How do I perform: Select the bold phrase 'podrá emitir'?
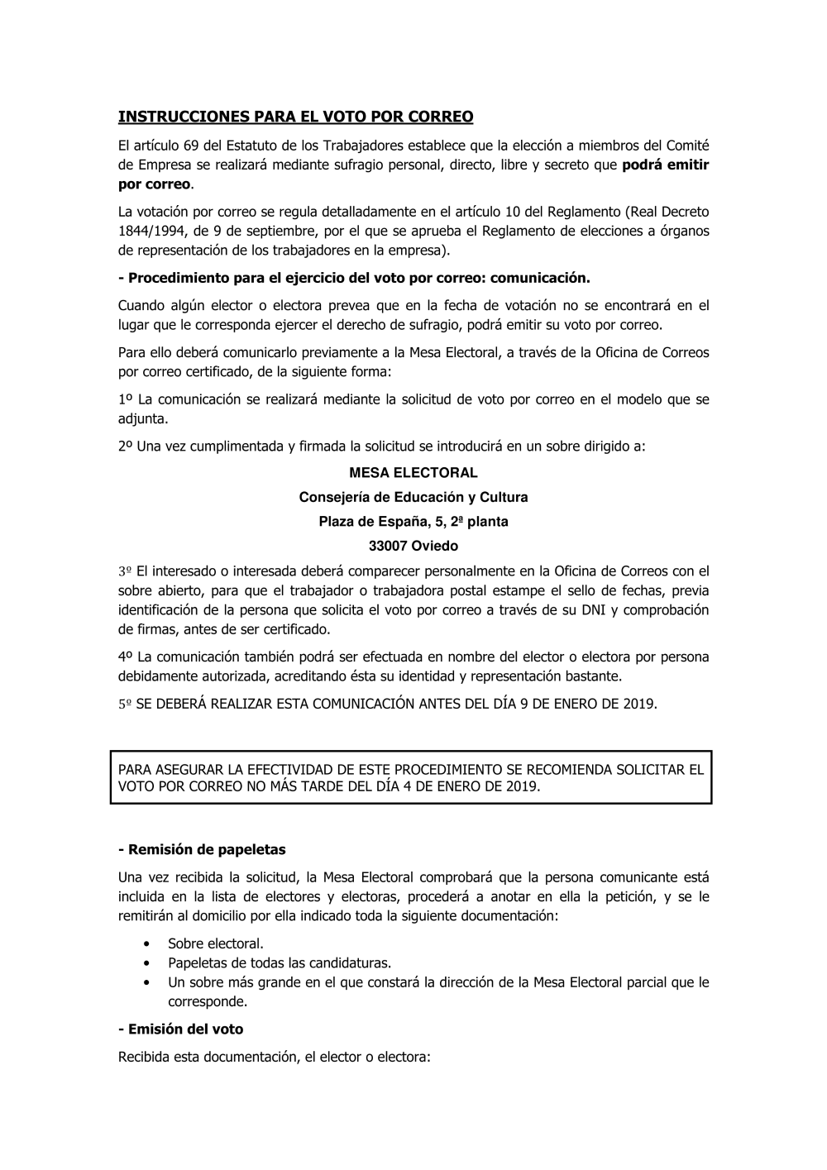pyautogui.click(x=665, y=165)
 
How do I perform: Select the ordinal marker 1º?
pyautogui.click(x=126, y=400)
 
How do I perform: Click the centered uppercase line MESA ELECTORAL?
pyautogui.click(x=413, y=473)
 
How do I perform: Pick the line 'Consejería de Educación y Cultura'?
pyautogui.click(x=413, y=497)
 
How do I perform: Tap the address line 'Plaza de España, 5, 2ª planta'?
pyautogui.click(x=413, y=522)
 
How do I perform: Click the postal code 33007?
pyautogui.click(x=389, y=546)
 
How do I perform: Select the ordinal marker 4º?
pyautogui.click(x=126, y=657)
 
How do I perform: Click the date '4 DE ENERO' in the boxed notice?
pyautogui.click(x=436, y=786)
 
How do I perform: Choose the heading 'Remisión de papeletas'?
pyautogui.click(x=205, y=849)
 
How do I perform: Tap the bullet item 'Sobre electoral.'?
pyautogui.click(x=216, y=943)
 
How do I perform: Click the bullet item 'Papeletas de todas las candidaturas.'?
pyautogui.click(x=280, y=962)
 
